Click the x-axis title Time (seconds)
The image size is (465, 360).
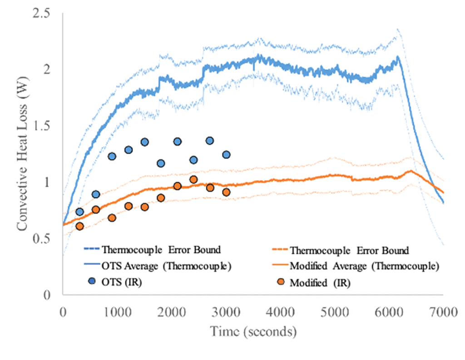253,331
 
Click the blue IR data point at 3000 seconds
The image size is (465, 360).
226,155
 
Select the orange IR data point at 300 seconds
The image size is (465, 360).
79,226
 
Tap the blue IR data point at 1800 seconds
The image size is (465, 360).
161,163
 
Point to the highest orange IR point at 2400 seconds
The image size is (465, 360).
193,180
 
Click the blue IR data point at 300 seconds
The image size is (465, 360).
79,212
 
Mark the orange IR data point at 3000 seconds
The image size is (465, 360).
226,192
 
